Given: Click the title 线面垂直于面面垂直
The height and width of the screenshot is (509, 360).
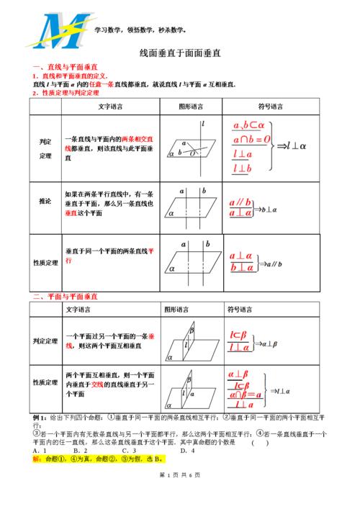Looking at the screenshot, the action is tap(179, 53).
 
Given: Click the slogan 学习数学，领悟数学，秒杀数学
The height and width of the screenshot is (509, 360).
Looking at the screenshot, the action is tap(140, 30).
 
